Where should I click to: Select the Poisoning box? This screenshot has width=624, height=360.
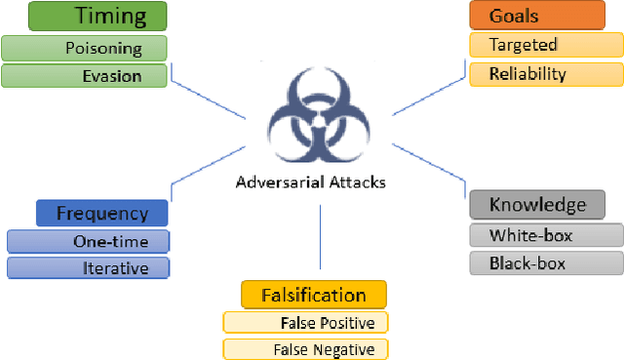(x=84, y=48)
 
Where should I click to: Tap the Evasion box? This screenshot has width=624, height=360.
(x=84, y=76)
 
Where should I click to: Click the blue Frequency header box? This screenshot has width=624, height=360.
(x=101, y=214)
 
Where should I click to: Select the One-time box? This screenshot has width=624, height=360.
(x=88, y=242)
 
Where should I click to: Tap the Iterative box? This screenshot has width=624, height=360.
(x=88, y=268)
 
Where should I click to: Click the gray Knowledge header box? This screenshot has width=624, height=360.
(x=537, y=205)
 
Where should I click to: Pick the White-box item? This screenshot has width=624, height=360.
(x=545, y=235)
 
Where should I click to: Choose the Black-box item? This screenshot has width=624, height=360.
(x=545, y=263)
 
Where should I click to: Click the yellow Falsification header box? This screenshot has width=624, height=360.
(x=313, y=296)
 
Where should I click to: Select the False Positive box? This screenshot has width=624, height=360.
(x=305, y=323)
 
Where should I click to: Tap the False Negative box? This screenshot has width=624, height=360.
(x=305, y=349)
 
